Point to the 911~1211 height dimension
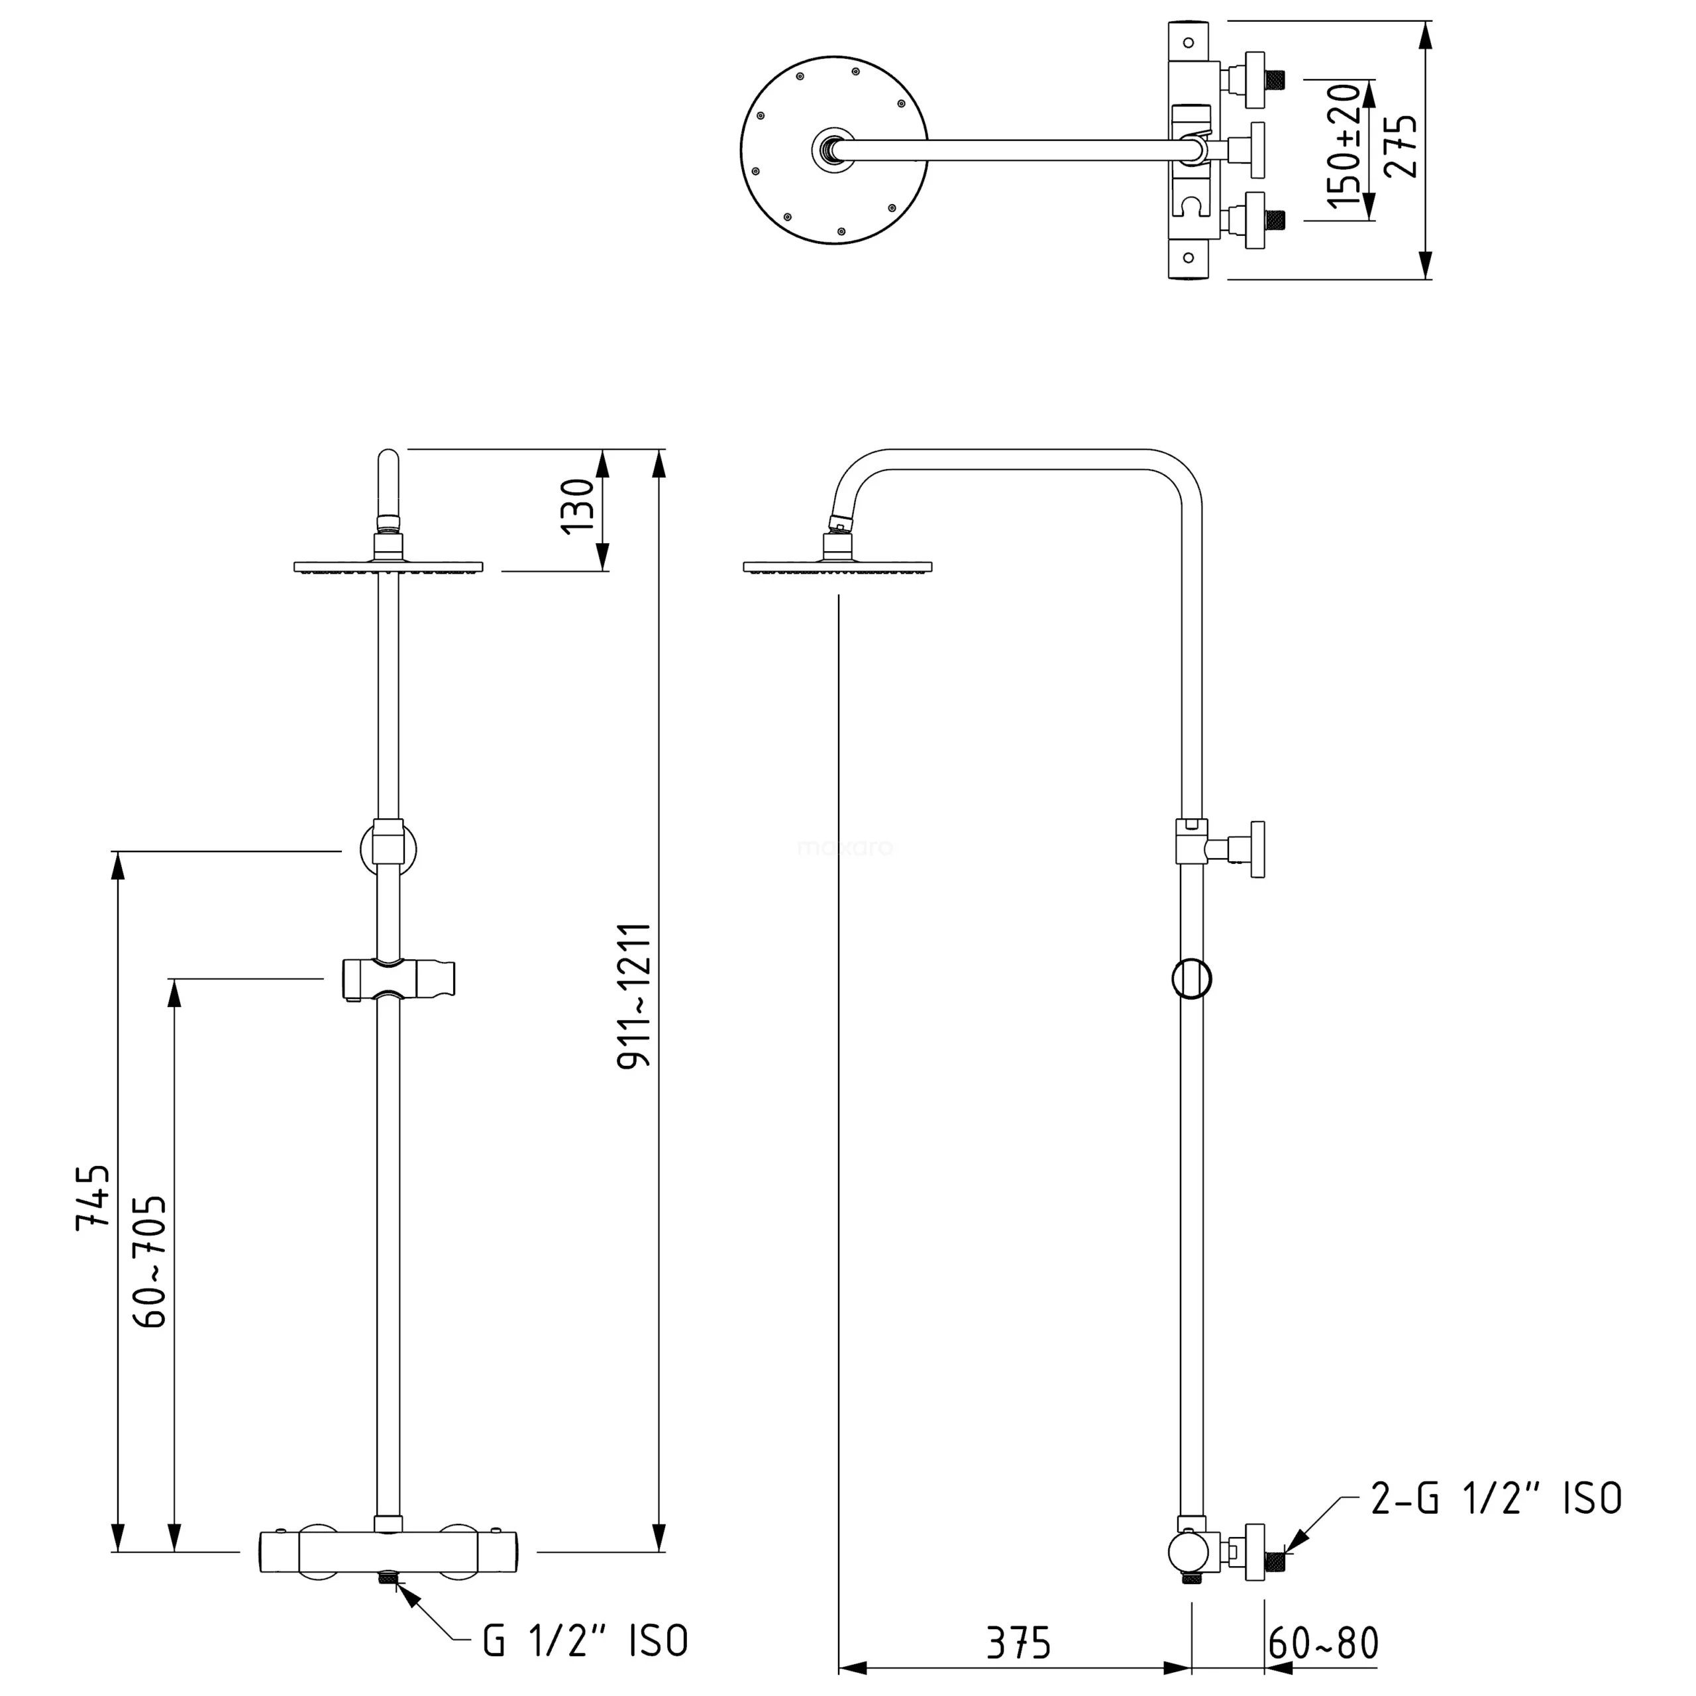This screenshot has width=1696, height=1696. click(634, 996)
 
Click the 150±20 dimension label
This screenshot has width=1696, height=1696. click(1344, 146)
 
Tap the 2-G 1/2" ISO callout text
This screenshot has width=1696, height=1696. click(1496, 1499)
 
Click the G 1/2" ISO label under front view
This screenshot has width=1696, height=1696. click(586, 1641)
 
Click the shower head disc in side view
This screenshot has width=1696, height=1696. click(837, 567)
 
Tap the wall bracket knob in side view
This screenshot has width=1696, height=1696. click(1257, 850)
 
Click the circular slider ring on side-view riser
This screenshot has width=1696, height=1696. click(1191, 978)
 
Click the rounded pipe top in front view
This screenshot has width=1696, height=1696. click(388, 465)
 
